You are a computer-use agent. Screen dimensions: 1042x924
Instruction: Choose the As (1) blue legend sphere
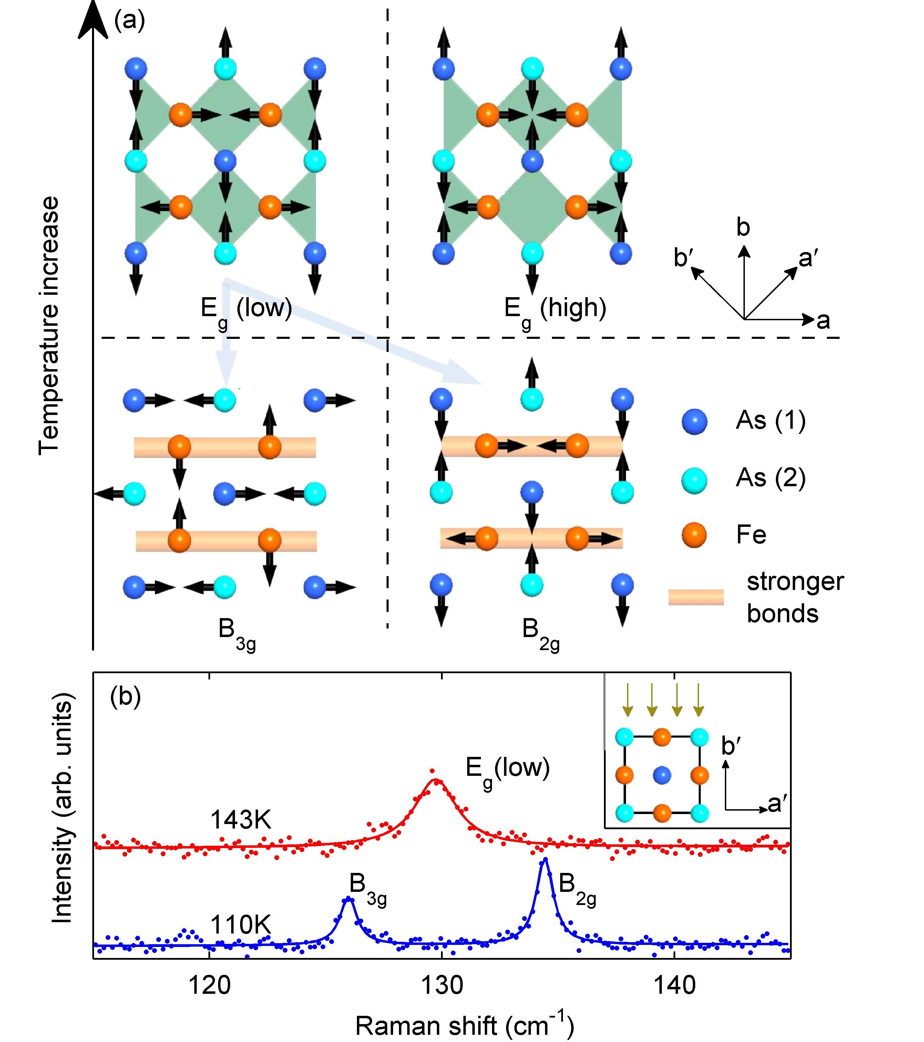694,421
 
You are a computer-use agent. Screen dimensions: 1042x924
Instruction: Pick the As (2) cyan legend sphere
694,479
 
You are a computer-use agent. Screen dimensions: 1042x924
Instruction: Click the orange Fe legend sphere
694,535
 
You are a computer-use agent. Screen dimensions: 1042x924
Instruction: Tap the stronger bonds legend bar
696,597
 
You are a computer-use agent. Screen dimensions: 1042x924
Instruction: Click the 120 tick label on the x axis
209,986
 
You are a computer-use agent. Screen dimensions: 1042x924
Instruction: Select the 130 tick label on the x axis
442,986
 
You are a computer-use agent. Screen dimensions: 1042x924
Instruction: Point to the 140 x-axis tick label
674,986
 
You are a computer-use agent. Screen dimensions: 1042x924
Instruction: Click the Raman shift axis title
464,1026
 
